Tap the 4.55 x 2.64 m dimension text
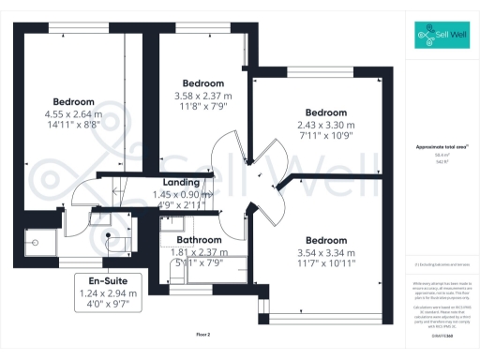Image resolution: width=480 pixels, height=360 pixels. pos(73,114)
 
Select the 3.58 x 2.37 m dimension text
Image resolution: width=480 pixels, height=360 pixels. pos(202,95)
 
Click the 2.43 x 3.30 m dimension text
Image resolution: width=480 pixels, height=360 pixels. pos(325,125)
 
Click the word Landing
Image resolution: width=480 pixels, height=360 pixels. pos(180,182)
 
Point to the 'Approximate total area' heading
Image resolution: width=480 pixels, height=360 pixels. pos(441,147)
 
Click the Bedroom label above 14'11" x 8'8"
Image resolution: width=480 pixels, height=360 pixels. pos(73,101)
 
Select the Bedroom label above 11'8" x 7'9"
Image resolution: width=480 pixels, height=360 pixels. pos(202,82)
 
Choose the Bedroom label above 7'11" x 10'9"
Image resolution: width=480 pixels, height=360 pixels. pos(325,112)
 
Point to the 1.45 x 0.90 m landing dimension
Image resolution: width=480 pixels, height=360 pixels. pos(180,194)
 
